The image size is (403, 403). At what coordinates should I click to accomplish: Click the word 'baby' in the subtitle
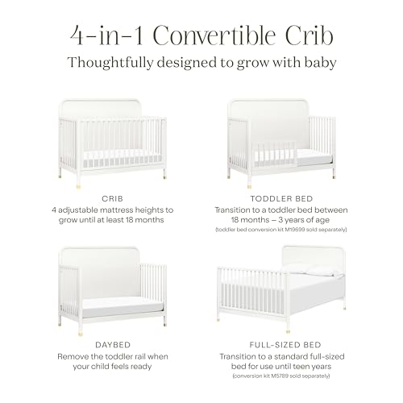[318, 62]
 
